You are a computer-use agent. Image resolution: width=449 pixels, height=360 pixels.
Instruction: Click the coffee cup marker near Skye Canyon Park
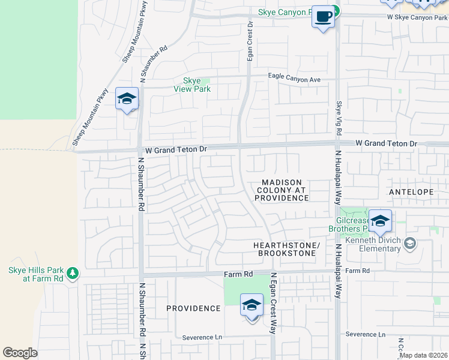pos(323,17)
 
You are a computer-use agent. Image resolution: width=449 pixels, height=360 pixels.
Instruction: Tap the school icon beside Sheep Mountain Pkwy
pos(127,100)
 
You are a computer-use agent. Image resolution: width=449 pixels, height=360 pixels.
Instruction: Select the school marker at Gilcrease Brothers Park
pos(380,221)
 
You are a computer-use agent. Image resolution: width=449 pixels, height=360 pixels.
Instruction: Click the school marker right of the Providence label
pos(252,305)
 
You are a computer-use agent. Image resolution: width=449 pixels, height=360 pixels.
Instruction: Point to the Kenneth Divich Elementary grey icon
pos(410,243)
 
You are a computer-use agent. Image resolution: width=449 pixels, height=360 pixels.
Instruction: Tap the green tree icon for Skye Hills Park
pos(73,274)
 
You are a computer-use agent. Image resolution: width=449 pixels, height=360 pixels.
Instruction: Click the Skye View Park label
pos(191,85)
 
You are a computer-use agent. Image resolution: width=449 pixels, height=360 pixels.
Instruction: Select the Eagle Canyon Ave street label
pos(294,79)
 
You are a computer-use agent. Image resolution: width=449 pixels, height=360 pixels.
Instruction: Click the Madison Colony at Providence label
pos(282,190)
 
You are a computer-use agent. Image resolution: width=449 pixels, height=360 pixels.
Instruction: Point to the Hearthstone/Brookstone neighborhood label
pos(285,250)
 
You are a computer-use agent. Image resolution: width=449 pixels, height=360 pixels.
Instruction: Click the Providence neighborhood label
pos(193,308)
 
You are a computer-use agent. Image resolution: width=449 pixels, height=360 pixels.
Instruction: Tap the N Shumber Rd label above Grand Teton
pos(152,64)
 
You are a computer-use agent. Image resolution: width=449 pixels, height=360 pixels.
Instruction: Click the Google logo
pos(20,353)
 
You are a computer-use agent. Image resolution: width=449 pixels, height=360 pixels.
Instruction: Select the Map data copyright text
pos(423,355)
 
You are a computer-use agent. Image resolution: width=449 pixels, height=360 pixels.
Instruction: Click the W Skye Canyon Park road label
pos(417,17)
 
